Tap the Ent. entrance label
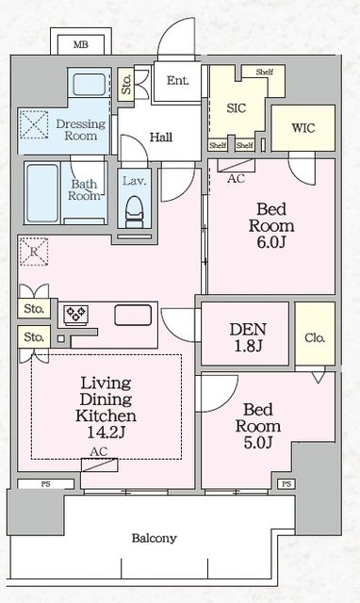(178, 81)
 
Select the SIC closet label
(237, 108)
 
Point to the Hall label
(161, 138)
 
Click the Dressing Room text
(76, 129)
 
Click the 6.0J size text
(270, 243)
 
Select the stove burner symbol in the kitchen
(74, 315)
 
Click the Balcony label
(154, 539)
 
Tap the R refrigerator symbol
(34, 252)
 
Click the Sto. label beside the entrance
(126, 86)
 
